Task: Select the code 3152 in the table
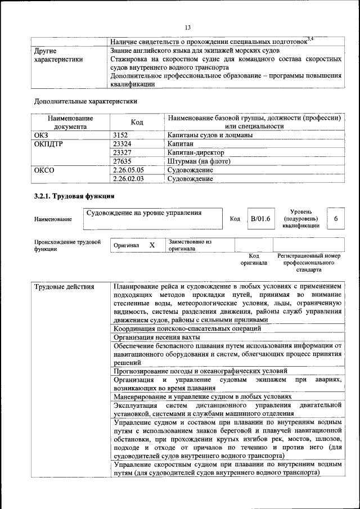121,135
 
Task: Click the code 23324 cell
123,144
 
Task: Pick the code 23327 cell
123,152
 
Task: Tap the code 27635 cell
123,161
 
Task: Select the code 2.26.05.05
128,170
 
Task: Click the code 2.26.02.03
128,179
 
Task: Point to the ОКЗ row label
42,135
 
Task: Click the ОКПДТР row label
48,144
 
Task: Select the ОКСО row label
44,170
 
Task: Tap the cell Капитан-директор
196,152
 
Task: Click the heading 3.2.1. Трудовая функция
74,196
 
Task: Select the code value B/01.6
260,218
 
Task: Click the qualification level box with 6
336,218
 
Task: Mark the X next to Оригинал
152,245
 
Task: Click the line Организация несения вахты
157,337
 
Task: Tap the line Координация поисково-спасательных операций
187,328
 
